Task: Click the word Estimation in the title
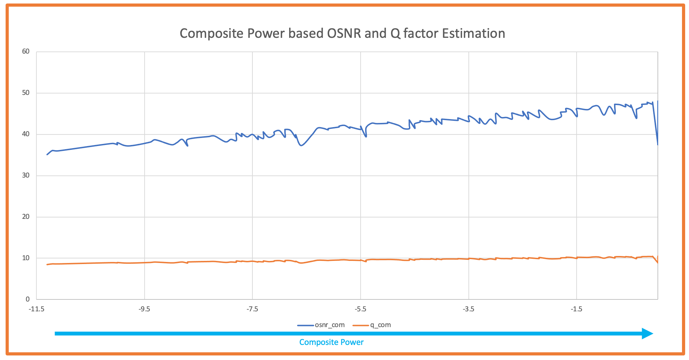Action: tap(473, 34)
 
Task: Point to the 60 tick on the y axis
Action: tap(26, 51)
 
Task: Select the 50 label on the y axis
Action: tap(26, 93)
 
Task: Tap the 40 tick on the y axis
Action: tap(26, 134)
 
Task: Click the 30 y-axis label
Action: tap(26, 175)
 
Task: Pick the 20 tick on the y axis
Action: tap(26, 217)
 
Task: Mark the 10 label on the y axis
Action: tap(26, 258)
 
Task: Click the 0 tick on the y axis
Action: tap(28, 299)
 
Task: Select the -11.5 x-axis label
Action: tap(36, 309)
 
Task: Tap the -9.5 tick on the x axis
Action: tap(144, 309)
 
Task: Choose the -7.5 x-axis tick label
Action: tap(252, 309)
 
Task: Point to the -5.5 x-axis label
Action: tap(360, 309)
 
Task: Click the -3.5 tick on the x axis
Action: tap(468, 309)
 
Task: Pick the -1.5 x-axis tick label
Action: tap(576, 309)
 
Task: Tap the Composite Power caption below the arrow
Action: tap(331, 342)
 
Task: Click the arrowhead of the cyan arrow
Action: tap(648, 333)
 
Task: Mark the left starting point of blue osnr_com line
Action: tap(47, 154)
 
